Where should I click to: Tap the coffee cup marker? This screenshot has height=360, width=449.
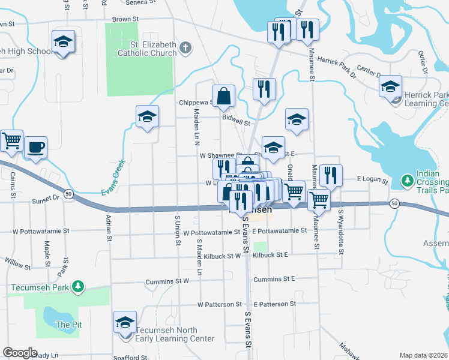(35, 147)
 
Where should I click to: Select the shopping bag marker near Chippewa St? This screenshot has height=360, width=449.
(223, 96)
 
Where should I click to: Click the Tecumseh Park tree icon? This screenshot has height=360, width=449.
(77, 287)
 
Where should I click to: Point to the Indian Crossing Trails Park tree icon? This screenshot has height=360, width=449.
(407, 180)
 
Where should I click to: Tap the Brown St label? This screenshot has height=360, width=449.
(125, 19)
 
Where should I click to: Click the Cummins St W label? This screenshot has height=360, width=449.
(167, 280)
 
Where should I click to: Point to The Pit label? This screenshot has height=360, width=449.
(64, 325)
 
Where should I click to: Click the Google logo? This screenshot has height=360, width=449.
(20, 353)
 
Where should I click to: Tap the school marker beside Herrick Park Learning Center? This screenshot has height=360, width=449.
(390, 87)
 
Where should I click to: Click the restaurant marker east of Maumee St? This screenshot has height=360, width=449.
(331, 175)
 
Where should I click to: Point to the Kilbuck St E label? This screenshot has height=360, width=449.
(270, 255)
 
